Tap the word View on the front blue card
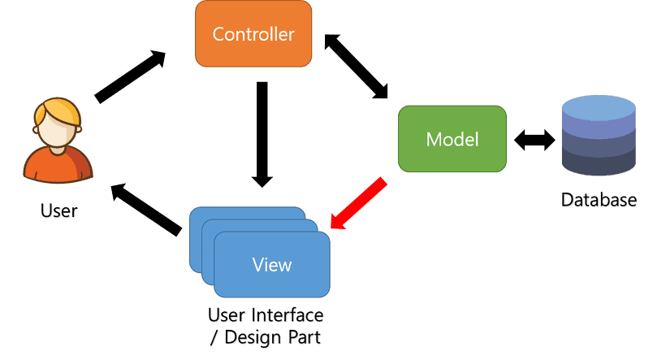point(272,264)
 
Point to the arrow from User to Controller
point(130,77)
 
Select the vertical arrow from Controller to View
point(261,134)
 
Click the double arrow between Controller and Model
point(355,67)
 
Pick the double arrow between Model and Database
point(534,140)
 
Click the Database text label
point(599,199)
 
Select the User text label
point(58,211)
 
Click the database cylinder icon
point(599,138)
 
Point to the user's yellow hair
point(57,111)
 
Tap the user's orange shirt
point(57,167)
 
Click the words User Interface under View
point(266,314)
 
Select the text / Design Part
point(266,336)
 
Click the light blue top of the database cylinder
point(599,105)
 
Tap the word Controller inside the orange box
point(253,35)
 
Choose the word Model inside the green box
point(452,139)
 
